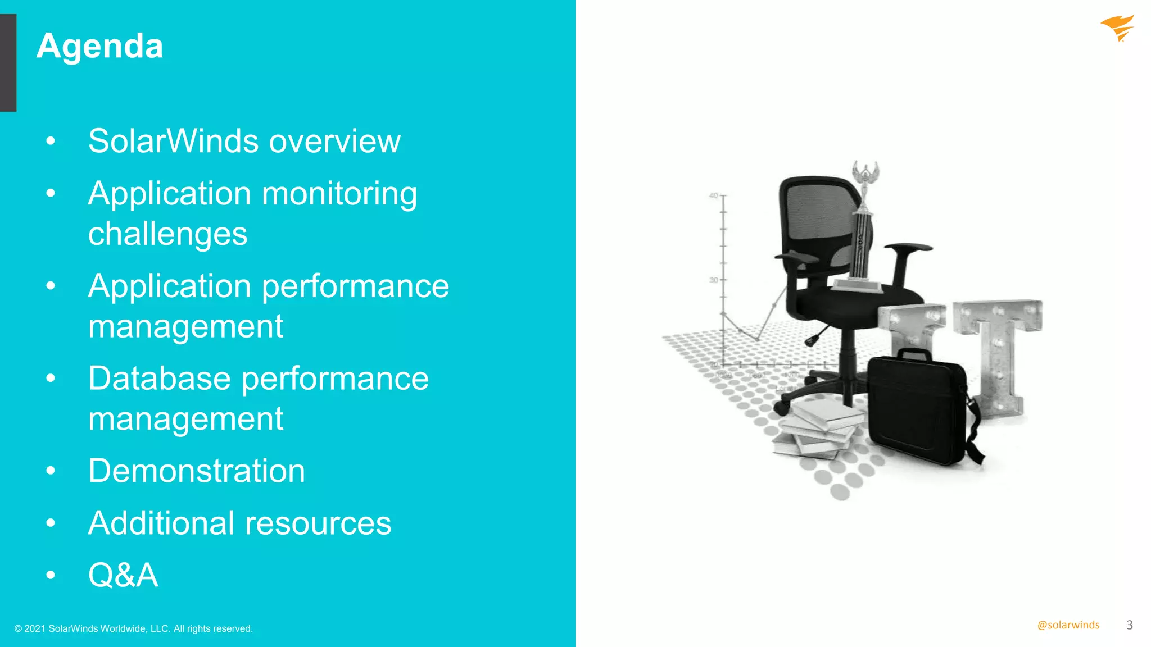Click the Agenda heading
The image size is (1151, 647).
(100, 46)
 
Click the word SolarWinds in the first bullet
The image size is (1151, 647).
(174, 141)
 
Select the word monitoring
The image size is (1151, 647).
(339, 194)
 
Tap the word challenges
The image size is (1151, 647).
(167, 234)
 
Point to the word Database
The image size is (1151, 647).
(160, 379)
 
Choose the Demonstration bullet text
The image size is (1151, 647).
(197, 471)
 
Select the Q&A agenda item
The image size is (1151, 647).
(123, 575)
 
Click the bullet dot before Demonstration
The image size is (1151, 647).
(51, 471)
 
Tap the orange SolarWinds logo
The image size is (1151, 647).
(1117, 28)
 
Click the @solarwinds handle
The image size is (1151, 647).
(1068, 625)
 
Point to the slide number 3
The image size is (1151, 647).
(1130, 625)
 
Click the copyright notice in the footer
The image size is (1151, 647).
(134, 628)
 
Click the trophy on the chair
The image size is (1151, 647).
(863, 230)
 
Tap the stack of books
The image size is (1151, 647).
(818, 430)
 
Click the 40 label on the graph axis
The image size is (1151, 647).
(713, 196)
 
